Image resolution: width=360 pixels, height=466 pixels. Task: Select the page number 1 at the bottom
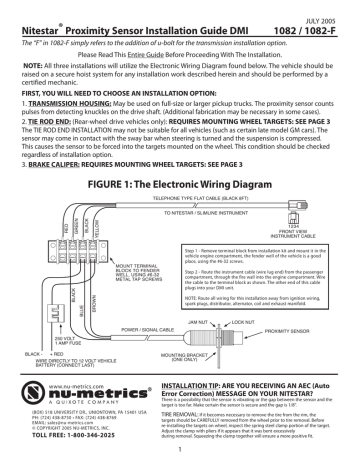pos(180,455)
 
